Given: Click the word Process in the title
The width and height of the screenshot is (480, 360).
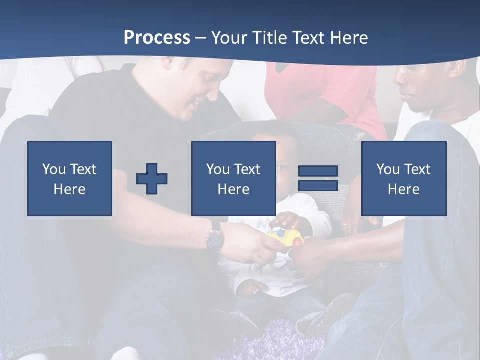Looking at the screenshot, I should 157,37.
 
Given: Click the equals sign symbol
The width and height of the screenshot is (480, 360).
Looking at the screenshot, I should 318,178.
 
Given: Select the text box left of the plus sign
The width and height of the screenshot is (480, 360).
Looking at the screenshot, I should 70,178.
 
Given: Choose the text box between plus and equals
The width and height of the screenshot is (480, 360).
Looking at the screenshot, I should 233,178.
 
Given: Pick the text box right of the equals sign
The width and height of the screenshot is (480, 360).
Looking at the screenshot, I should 404,178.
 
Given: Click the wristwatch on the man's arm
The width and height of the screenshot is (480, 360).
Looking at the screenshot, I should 215,236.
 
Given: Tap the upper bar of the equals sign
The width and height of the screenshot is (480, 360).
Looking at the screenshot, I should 318,171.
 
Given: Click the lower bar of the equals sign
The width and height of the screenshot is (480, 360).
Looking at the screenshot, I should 318,185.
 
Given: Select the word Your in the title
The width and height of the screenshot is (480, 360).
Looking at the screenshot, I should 229,37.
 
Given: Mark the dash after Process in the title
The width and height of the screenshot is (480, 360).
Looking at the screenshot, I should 200,38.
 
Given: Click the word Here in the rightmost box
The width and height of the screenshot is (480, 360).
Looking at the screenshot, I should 404,189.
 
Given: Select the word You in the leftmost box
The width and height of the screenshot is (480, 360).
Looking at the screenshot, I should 53,169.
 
